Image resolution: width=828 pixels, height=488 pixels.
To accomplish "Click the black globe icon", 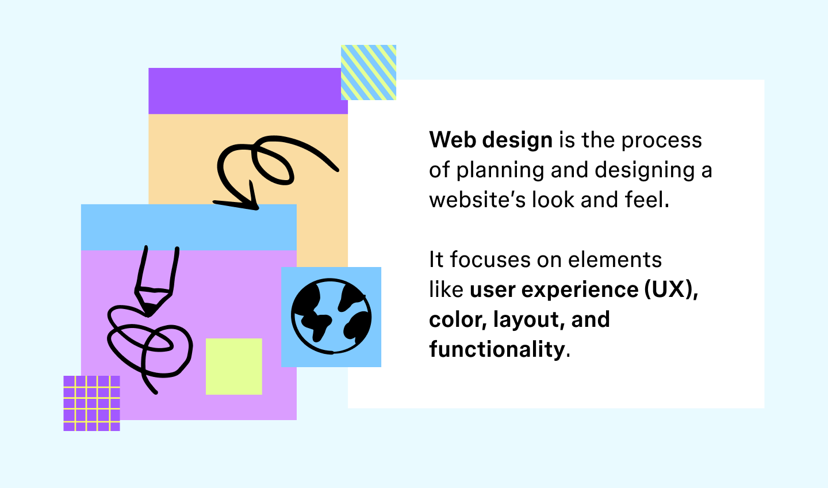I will pos(331,317).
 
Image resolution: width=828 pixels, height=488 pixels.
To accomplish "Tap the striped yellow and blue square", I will pos(369,73).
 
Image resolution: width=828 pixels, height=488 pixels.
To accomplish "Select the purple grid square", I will pos(91,403).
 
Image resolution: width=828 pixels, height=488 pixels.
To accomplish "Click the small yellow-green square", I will pos(234,367).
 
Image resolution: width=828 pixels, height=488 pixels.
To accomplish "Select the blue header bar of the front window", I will pos(189,227).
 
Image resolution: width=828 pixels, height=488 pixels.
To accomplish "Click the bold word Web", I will pos(453,140).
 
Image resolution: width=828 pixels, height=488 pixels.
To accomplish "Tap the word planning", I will pos(500,171).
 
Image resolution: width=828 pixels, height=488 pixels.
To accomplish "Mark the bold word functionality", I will pos(497,349).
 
